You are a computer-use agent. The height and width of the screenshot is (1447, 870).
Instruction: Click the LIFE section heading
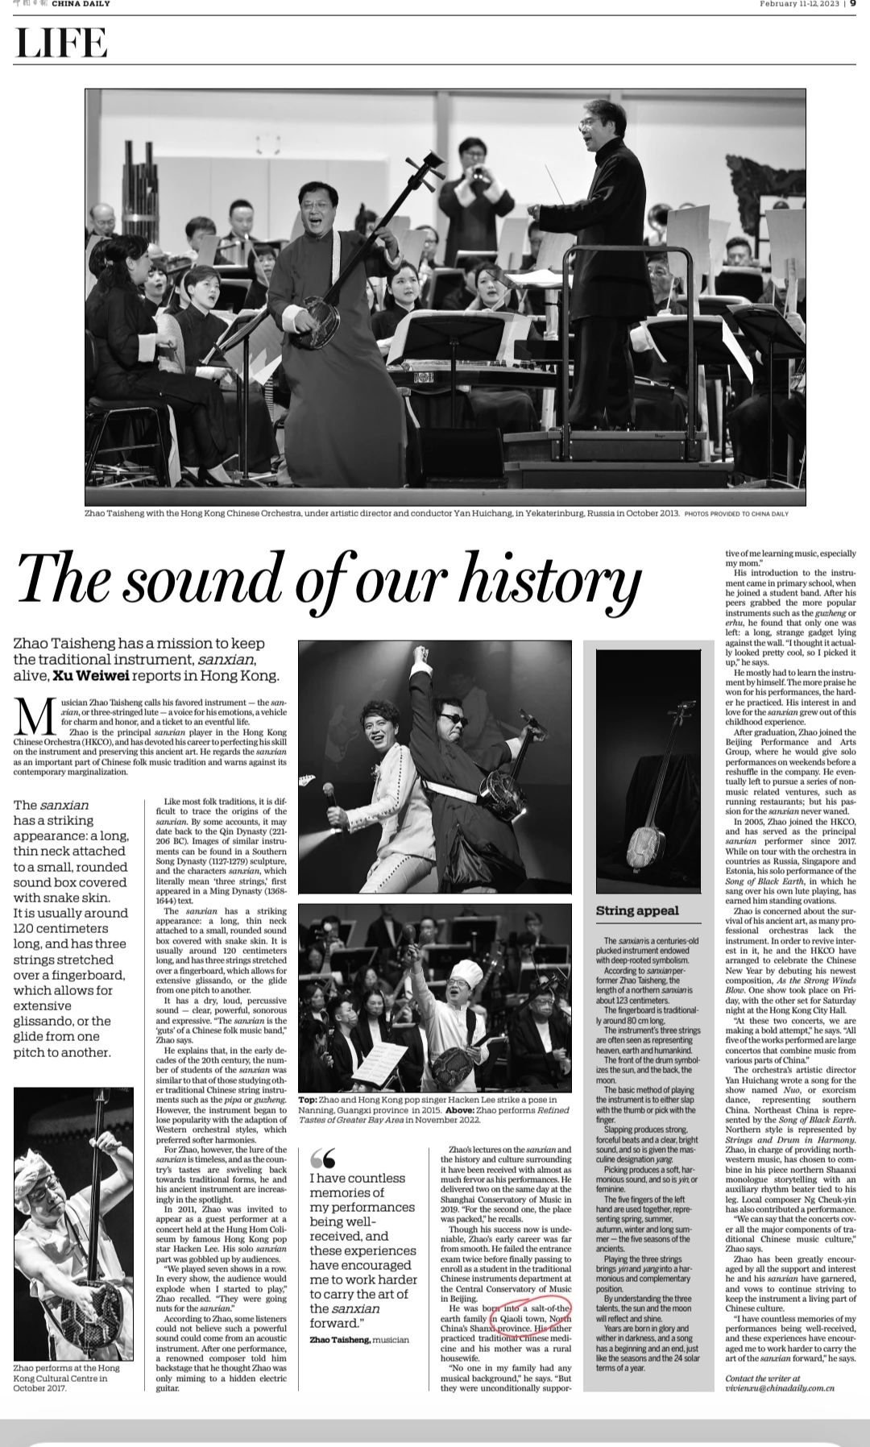tap(61, 43)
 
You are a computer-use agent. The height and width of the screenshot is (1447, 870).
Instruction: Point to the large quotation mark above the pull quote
tap(322, 1158)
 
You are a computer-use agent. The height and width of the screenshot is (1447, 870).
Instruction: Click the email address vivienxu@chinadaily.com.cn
tap(779, 1388)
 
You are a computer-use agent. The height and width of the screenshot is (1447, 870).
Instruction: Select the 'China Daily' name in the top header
tap(81, 4)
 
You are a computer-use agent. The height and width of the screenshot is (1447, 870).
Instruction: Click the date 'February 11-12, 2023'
tap(799, 4)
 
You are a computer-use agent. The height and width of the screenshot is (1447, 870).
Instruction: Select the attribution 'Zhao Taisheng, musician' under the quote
tap(358, 1339)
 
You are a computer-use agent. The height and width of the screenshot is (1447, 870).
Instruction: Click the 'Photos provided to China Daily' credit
tap(735, 513)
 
